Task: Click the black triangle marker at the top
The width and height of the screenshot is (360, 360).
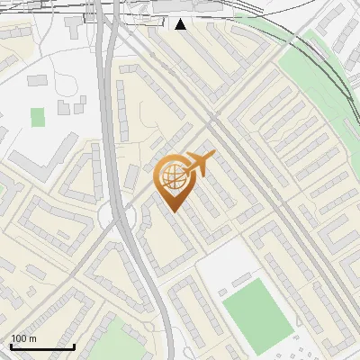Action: click(182, 23)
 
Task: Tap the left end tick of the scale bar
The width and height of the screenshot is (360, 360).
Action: click(11, 346)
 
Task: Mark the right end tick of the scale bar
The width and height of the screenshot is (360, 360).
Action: click(74, 346)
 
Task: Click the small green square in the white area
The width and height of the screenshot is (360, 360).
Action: click(37, 117)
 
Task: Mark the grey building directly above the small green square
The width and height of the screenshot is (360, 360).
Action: click(38, 81)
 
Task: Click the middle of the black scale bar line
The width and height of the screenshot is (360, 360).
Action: click(42, 346)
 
